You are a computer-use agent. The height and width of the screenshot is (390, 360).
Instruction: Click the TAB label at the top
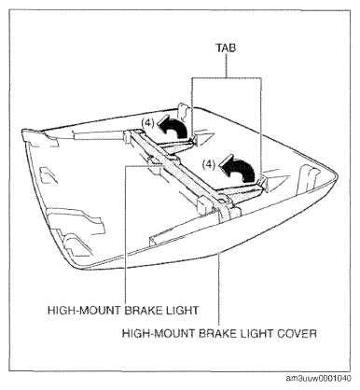pos(226,48)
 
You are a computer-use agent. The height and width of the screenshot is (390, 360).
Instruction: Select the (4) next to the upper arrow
pos(147,123)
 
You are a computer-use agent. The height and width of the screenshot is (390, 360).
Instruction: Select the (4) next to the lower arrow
pos(209,164)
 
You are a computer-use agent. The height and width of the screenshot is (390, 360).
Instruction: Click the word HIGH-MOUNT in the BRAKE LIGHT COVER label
pos(159,334)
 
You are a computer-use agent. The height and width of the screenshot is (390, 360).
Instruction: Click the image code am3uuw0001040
pos(319,378)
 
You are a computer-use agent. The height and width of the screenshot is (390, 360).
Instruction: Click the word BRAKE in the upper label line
pos(144,311)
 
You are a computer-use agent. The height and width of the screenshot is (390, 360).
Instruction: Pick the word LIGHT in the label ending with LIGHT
pos(182,311)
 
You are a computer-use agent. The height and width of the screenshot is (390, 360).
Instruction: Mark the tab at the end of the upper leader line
pos(195,138)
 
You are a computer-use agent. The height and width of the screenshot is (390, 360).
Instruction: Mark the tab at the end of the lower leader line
pos(264,183)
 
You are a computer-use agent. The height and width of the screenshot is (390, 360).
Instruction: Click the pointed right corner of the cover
pos(336,175)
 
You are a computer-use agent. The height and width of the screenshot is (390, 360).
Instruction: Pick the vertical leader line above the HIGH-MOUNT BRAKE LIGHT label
pos(126,234)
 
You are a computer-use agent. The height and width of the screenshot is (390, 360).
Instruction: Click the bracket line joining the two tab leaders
pos(227,77)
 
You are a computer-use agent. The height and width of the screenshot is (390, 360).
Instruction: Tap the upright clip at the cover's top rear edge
pos(183,112)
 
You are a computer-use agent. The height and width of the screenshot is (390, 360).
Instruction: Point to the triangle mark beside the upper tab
pos(206,137)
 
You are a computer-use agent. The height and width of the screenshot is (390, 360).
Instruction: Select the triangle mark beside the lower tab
pos(278,181)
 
